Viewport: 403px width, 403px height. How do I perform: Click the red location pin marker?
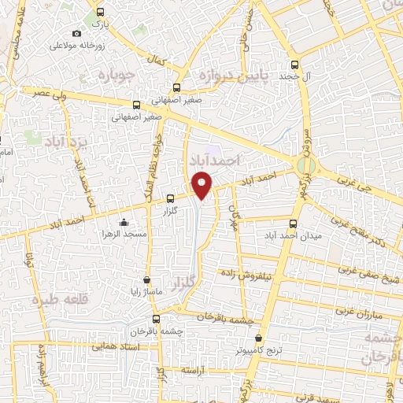[x=203, y=184]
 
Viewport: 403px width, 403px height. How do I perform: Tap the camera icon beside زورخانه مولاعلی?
[x=76, y=33]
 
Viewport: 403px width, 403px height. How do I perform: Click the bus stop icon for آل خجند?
[x=294, y=65]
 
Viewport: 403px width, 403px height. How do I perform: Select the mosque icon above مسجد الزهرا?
[x=124, y=222]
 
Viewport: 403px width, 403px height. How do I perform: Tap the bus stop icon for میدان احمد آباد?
[x=294, y=224]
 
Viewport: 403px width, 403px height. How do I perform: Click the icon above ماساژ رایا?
[x=146, y=280]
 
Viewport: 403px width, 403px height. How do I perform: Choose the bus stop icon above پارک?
[x=99, y=12]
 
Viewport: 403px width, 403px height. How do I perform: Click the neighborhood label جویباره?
[x=119, y=76]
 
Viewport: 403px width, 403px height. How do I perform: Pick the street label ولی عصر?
[x=50, y=93]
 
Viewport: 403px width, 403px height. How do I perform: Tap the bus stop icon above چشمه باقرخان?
[x=157, y=319]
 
